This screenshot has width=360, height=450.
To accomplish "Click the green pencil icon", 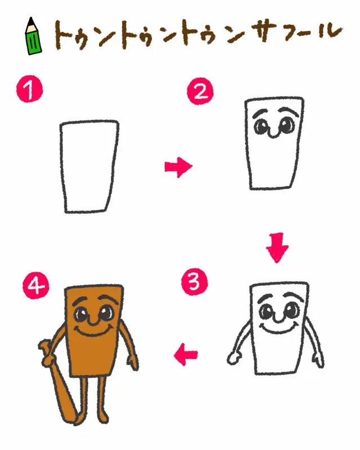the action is pos(34,37).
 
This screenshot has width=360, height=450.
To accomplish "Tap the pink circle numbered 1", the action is pos(29,89).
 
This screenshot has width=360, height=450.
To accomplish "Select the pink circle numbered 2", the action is pos(200,91).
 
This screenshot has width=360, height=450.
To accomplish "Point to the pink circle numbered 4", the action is pos(36,286).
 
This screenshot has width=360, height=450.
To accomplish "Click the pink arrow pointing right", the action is pos(178,167).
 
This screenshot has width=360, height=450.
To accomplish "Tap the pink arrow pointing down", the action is pos(277,247).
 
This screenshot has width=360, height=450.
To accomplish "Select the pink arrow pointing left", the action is pos(186,355).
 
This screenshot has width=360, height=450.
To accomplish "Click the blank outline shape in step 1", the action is pos(61,166).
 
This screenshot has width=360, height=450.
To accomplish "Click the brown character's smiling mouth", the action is pos(93,331).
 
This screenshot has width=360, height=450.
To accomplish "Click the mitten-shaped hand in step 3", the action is pos(234,359).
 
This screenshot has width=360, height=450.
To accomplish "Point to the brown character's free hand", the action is pos(133,362).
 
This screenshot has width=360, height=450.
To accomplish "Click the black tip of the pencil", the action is pos(31,21).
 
